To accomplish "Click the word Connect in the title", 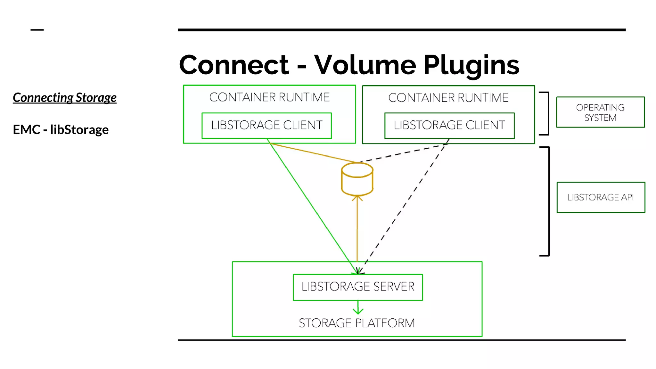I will (234, 65).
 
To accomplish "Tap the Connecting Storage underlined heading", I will (64, 98).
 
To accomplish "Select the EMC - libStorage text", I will (61, 130).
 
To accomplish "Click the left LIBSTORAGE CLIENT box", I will (266, 125).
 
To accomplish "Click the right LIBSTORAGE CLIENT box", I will (449, 125).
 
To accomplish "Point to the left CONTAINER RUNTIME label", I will (269, 97).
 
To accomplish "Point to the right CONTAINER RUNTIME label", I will (448, 97).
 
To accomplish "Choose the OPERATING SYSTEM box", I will (600, 112).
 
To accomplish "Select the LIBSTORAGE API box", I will (601, 197).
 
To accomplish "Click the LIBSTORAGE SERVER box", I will (358, 287).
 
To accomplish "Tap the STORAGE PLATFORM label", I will (357, 323).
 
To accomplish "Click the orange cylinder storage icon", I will (357, 179).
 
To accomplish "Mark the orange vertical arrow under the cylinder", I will (357, 231).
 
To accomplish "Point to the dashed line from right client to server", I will (407, 205).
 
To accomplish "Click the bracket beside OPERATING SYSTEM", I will (548, 113).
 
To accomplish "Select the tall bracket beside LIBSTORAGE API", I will (549, 201).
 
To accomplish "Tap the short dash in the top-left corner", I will (37, 30).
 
